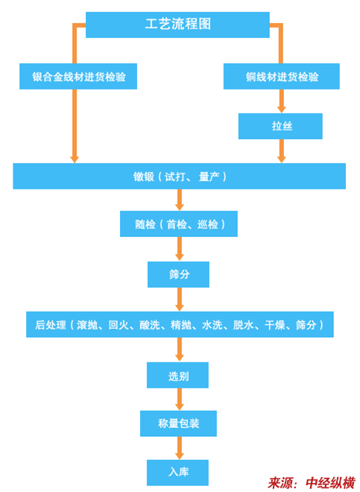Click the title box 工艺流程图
(x=177, y=25)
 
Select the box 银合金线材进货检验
(x=78, y=76)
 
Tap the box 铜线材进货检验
(x=282, y=76)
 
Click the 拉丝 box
(x=280, y=126)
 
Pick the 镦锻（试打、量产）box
(x=179, y=176)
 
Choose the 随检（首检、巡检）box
(x=179, y=224)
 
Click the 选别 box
(x=177, y=375)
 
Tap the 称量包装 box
(x=178, y=423)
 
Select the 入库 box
(x=177, y=473)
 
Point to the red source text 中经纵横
(x=330, y=483)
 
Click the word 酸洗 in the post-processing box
(x=150, y=325)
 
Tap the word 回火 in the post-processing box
(x=119, y=325)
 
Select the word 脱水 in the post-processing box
(x=243, y=325)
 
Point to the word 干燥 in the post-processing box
(x=274, y=325)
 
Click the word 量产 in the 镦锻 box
(x=209, y=177)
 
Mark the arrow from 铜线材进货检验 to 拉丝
(x=282, y=101)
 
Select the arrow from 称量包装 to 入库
(x=179, y=448)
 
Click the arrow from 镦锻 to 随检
(x=179, y=200)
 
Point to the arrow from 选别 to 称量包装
(x=179, y=400)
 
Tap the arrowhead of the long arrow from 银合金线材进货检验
(x=75, y=159)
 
